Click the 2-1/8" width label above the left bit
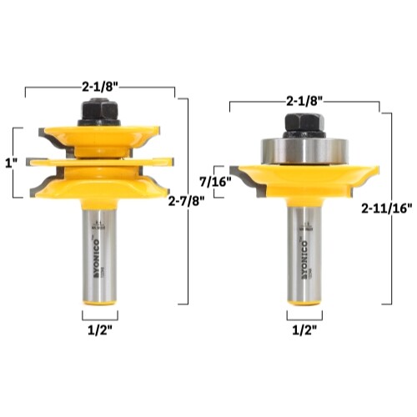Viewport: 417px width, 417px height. (x=99, y=85)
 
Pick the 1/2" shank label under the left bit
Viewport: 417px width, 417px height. (x=99, y=329)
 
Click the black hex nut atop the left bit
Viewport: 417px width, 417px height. (x=99, y=112)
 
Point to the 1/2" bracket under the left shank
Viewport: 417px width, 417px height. (x=99, y=315)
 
